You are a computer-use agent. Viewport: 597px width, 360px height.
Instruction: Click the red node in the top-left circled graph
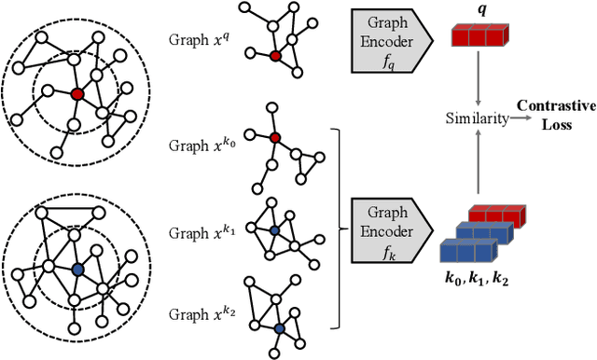tap(77, 93)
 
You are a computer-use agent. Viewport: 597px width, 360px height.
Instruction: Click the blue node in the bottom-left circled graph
tap(76, 269)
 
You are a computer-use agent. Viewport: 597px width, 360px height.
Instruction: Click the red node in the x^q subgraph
tap(274, 56)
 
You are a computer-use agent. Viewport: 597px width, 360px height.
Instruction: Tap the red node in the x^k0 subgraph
tap(273, 138)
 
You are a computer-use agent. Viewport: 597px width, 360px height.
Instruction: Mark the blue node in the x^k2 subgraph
tap(279, 328)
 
